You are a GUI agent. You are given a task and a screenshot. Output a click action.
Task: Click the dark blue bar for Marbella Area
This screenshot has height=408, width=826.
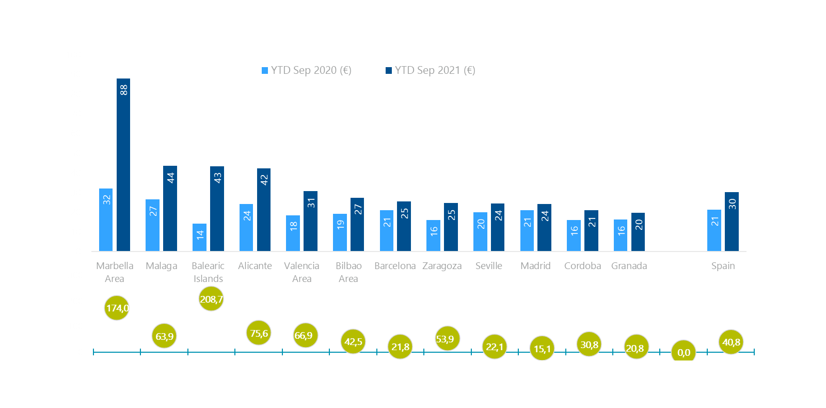[123, 165]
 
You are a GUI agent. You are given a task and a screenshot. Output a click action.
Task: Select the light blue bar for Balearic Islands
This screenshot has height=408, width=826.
[199, 238]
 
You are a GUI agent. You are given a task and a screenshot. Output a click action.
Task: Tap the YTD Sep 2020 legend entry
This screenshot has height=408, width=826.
[307, 70]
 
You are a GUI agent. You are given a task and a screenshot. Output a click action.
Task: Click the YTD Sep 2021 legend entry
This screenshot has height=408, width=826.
[431, 70]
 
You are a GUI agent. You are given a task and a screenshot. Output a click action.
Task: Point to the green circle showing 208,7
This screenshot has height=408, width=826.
[211, 299]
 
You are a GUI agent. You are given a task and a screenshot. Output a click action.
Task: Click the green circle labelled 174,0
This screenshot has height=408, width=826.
[117, 308]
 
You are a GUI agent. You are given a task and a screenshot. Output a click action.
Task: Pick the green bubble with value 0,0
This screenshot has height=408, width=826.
[684, 352]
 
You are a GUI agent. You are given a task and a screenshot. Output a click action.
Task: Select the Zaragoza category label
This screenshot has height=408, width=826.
[442, 265]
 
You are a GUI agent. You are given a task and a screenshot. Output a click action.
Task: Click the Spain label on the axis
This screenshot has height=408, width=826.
[723, 265]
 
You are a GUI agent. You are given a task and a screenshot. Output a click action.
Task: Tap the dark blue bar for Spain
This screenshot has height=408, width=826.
[732, 222]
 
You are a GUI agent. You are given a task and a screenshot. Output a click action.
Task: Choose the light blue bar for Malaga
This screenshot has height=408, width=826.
[152, 225]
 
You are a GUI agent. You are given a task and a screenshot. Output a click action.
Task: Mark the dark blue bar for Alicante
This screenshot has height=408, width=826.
[264, 210]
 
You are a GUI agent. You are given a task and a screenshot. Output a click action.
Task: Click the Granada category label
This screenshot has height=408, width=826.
[629, 265]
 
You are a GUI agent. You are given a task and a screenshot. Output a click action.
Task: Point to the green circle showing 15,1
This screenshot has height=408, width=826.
[542, 349]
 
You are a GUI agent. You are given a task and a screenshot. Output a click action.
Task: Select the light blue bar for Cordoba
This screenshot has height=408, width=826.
[574, 236]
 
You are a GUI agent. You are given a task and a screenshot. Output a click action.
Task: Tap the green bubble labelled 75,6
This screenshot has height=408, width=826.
[259, 333]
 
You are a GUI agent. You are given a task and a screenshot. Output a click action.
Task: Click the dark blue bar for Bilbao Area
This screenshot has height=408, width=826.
[357, 225]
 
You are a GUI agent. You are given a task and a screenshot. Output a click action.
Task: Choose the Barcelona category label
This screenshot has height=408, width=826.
[395, 265]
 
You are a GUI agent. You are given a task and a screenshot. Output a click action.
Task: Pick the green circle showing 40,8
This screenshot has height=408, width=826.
[731, 342]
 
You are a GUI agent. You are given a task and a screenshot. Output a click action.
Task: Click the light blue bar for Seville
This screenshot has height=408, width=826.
[480, 232]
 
